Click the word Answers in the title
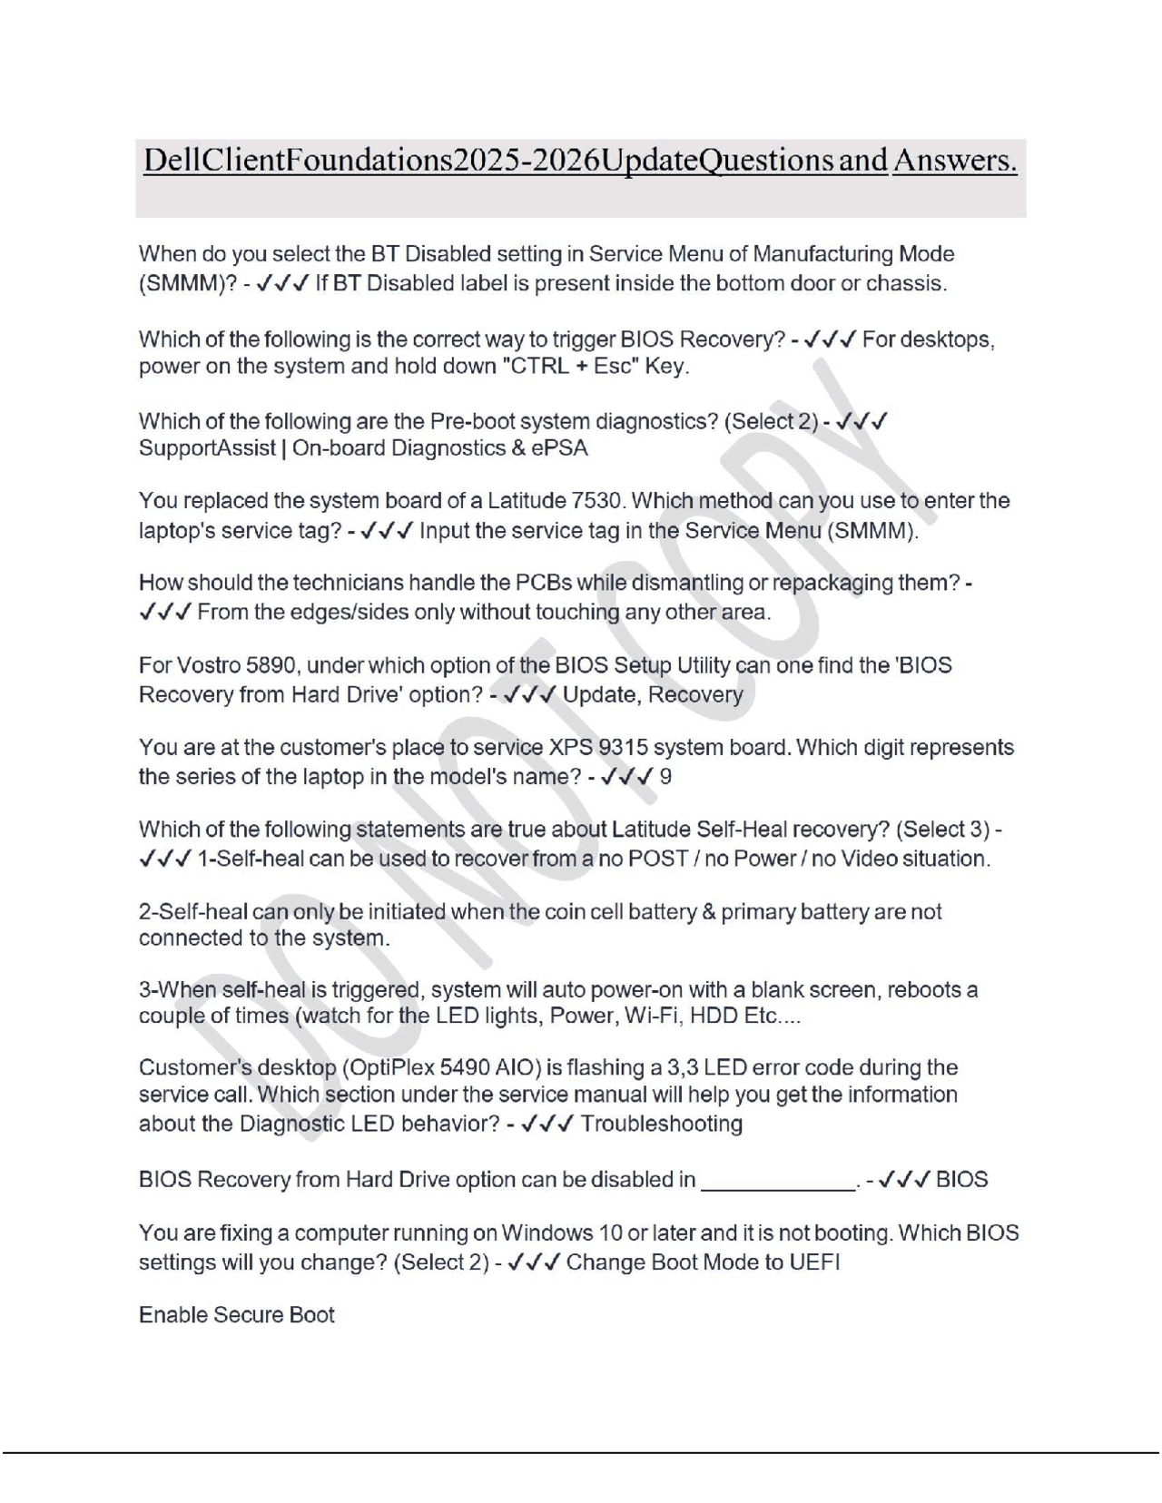point(954,161)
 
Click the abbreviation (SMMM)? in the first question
point(187,283)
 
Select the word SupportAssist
point(207,448)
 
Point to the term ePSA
point(561,448)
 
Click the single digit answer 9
point(665,777)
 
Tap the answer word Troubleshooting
point(662,1125)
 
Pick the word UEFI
point(819,1262)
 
